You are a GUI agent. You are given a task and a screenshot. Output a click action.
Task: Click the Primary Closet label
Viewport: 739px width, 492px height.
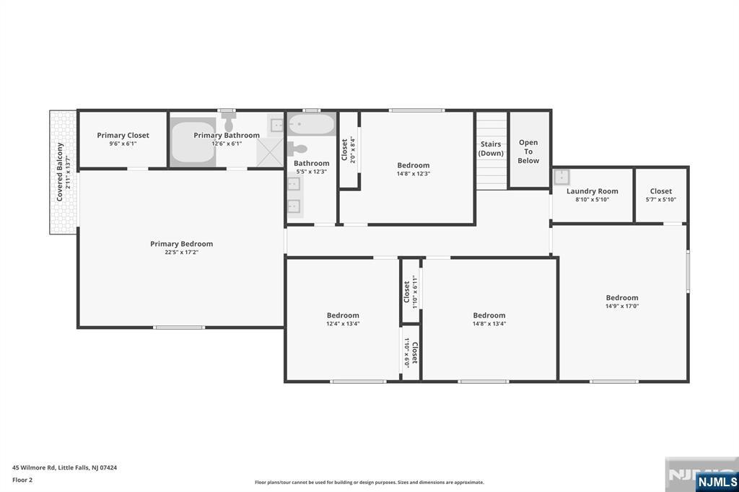tap(123, 135)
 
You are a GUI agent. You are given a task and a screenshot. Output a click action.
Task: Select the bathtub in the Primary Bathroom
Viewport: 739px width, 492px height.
tap(193, 142)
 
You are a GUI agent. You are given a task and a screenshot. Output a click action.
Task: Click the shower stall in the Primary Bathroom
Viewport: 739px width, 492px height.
tap(268, 152)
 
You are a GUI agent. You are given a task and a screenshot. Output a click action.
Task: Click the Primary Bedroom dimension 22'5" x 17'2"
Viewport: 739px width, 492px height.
tap(181, 252)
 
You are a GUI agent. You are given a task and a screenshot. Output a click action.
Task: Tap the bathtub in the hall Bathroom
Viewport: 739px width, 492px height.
tap(311, 126)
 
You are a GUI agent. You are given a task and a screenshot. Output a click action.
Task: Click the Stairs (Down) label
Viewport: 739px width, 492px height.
tap(491, 149)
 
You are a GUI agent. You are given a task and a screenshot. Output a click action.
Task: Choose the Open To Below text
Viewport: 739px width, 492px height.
tap(528, 151)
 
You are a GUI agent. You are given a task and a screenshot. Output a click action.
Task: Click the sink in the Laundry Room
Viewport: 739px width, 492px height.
tap(562, 177)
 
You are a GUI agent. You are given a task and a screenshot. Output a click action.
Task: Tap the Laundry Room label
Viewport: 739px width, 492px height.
tap(592, 191)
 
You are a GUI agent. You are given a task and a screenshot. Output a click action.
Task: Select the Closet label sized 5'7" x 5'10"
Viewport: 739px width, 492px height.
tap(660, 191)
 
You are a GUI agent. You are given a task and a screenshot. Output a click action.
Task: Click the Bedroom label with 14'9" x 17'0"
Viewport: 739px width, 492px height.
tap(621, 297)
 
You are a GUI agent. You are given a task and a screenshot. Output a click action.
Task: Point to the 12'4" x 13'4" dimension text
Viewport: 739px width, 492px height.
tap(342, 324)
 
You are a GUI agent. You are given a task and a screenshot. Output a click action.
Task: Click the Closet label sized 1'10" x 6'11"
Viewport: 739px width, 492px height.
tap(406, 291)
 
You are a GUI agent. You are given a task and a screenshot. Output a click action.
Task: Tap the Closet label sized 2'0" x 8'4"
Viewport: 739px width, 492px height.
tap(345, 149)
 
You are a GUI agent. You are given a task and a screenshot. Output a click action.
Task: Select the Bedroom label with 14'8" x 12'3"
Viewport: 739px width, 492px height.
tap(413, 165)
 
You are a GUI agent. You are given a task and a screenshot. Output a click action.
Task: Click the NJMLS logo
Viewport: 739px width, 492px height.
tap(717, 481)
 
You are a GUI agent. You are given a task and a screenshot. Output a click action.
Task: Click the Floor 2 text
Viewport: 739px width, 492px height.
tap(22, 479)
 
